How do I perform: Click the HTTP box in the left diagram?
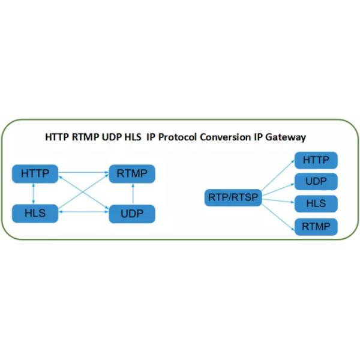click(35, 174)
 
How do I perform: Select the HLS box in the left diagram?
click(35, 213)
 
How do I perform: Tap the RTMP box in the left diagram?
click(131, 174)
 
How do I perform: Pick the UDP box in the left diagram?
click(131, 214)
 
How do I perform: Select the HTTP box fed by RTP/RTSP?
click(316, 160)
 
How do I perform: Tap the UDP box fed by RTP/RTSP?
click(316, 182)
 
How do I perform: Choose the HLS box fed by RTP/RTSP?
click(316, 204)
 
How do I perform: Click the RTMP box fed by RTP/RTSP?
click(316, 227)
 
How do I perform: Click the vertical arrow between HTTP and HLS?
click(34, 193)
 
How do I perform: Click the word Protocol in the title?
click(178, 137)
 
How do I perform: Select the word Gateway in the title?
click(287, 137)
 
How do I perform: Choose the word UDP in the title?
click(110, 137)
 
